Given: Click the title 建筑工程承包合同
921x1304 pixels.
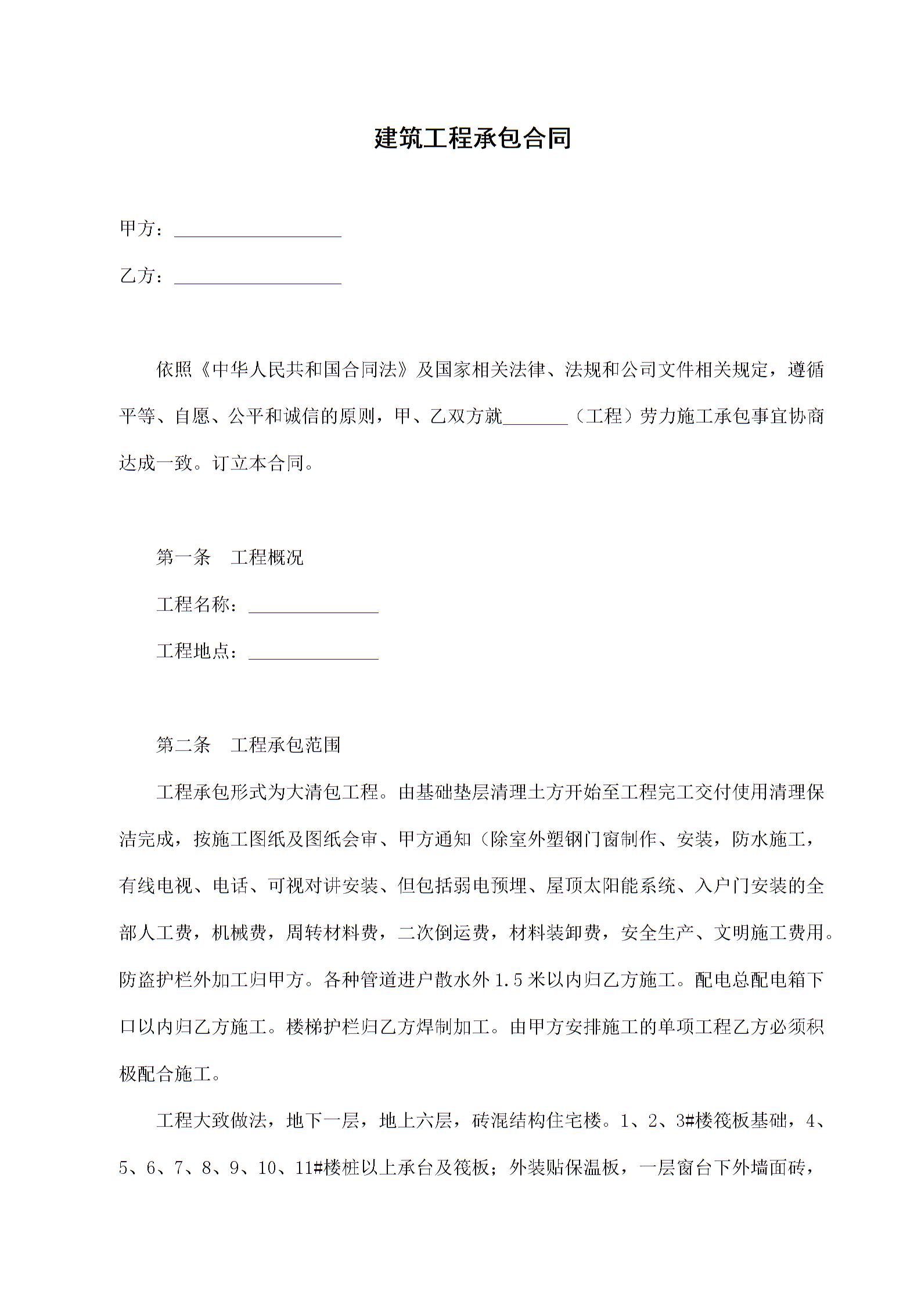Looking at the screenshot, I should pyautogui.click(x=472, y=138).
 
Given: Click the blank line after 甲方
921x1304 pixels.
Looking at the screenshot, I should pyautogui.click(x=257, y=231).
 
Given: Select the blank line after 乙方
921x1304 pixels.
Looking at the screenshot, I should pyautogui.click(x=257, y=278).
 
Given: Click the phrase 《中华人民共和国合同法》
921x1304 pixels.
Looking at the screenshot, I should pyautogui.click(x=304, y=370).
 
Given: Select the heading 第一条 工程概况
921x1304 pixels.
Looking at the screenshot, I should pyautogui.click(x=229, y=558).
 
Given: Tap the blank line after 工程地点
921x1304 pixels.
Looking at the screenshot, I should pyautogui.click(x=313, y=653).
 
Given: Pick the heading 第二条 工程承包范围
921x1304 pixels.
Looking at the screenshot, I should pyautogui.click(x=248, y=745).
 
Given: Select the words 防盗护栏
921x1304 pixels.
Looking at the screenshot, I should pyautogui.click(x=156, y=980).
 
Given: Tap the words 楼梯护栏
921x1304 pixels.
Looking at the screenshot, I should pyautogui.click(x=323, y=1027).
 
